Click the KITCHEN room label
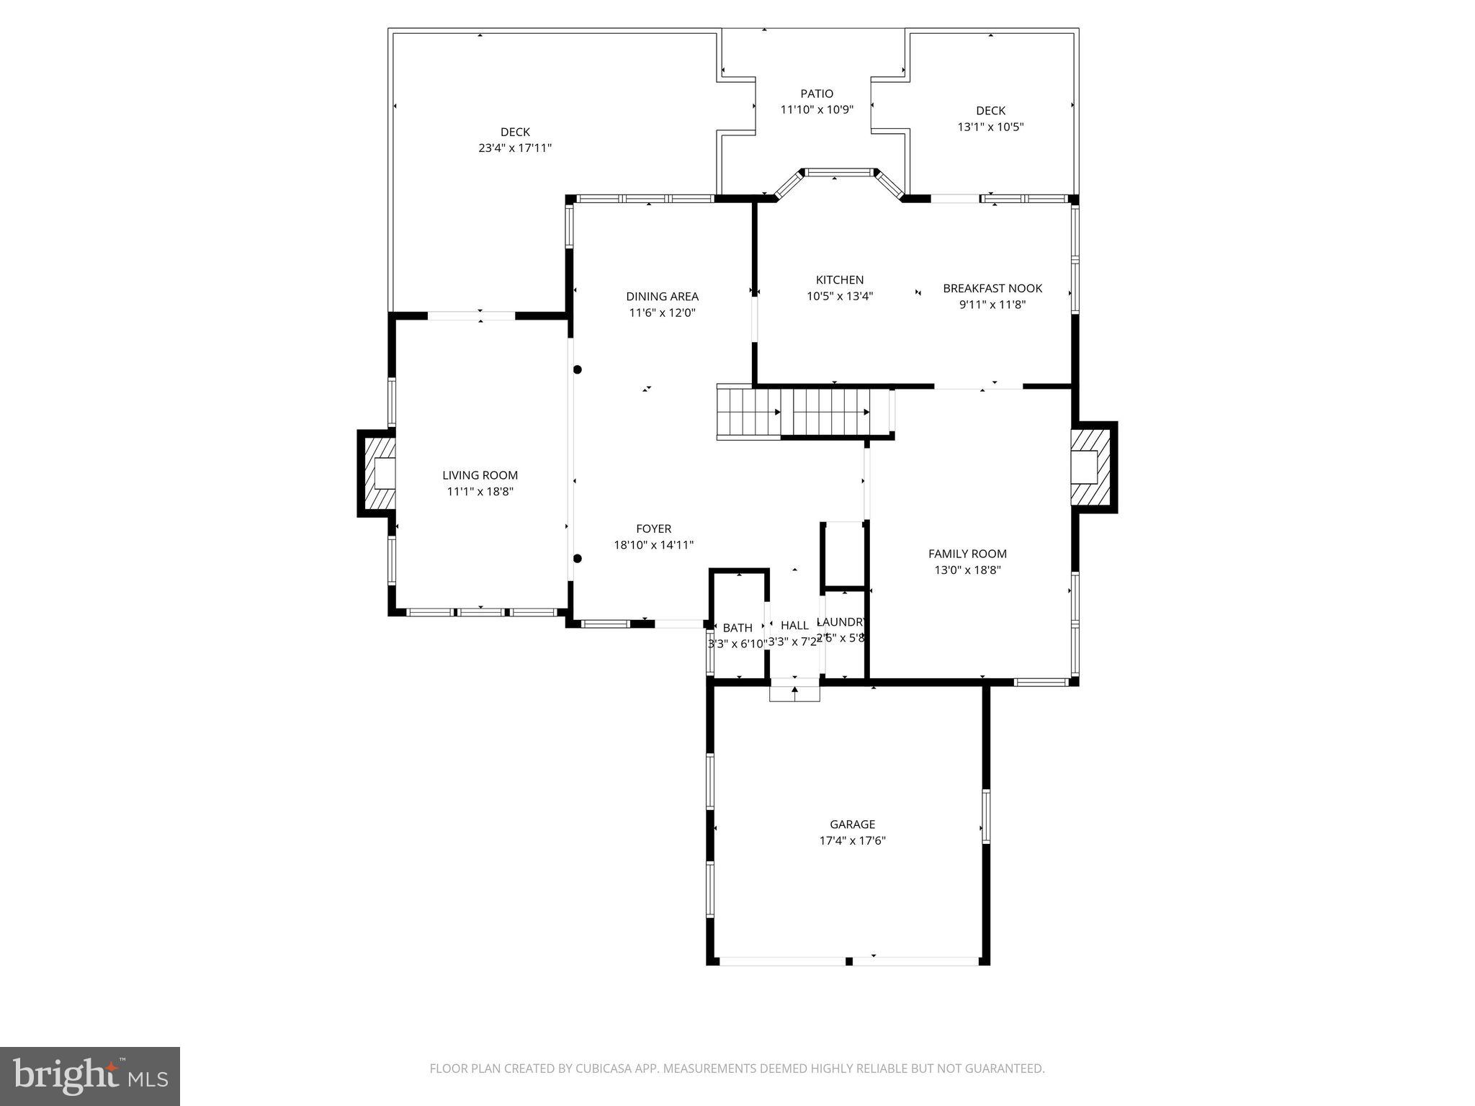839,280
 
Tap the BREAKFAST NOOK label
992,289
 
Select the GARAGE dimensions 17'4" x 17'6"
852,840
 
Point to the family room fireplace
1090,467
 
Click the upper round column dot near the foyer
577,369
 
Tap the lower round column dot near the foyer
577,559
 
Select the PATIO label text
817,94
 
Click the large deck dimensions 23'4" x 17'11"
515,148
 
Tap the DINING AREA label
662,297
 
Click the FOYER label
653,529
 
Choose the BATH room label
737,628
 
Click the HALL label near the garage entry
794,625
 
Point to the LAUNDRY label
841,621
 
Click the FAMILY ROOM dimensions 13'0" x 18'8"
967,570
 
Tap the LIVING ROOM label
480,475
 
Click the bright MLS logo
90,1076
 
